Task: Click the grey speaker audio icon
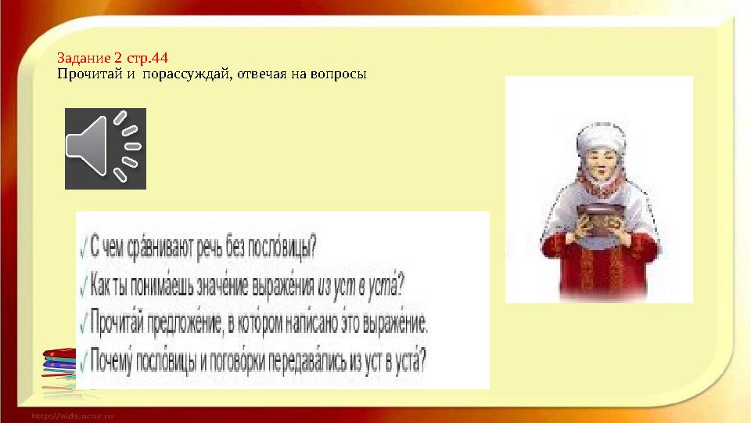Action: coord(106,149)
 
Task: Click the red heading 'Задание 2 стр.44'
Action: coord(113,58)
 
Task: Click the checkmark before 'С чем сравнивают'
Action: coord(84,248)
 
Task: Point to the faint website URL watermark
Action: coord(72,416)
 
